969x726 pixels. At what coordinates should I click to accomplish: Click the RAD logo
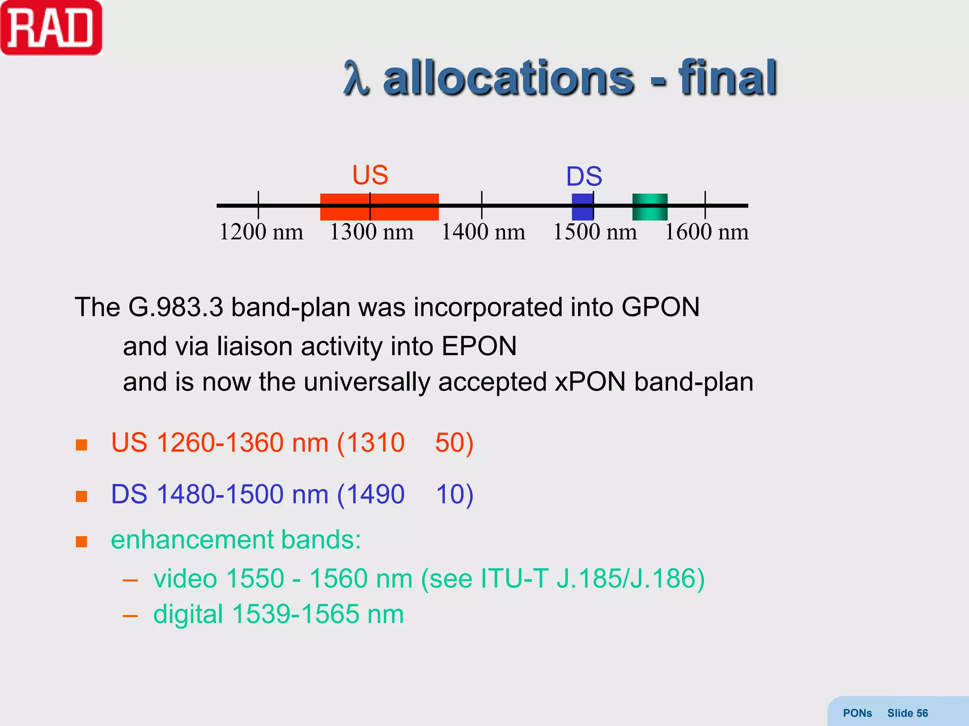[51, 28]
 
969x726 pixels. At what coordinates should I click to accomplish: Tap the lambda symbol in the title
[356, 78]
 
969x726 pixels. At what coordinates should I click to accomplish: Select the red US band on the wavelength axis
[379, 207]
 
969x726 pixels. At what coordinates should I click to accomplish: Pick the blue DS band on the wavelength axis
[582, 207]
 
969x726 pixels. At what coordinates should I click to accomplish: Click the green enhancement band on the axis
[650, 207]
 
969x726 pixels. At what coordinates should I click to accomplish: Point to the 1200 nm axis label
[261, 232]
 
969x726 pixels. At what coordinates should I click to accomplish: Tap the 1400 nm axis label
[483, 232]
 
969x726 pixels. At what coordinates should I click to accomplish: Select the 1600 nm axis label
[707, 232]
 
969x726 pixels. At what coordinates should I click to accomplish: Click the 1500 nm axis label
[595, 232]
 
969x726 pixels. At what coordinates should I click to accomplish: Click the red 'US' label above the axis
[370, 175]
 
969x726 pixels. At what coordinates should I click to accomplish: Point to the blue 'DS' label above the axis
[584, 177]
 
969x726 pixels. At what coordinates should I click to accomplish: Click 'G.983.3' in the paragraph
[176, 307]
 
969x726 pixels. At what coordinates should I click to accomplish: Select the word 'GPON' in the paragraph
[661, 307]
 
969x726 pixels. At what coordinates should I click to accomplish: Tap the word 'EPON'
[479, 346]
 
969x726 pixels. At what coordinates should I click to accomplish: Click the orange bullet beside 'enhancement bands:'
[81, 541]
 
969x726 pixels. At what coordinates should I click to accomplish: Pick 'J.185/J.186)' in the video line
[630, 579]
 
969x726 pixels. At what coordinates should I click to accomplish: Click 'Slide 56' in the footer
[907, 713]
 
